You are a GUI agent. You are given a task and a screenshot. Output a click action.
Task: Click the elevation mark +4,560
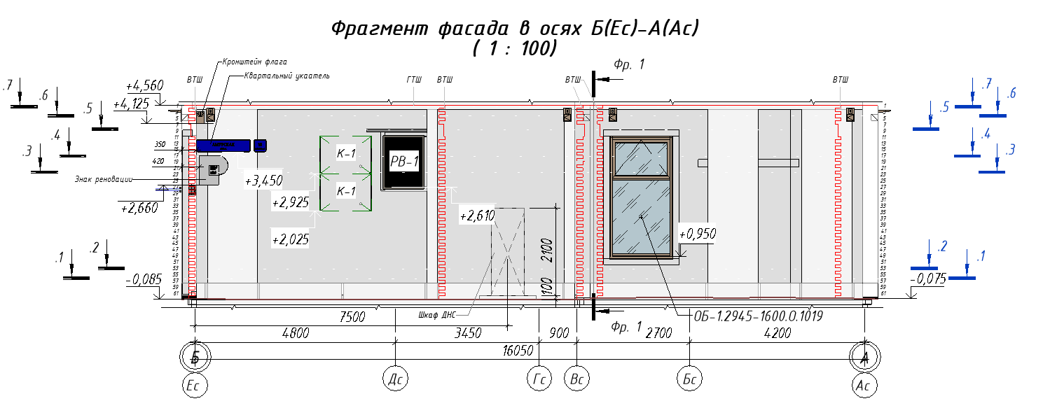(144, 85)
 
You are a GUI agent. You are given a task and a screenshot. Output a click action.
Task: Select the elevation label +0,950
(697, 234)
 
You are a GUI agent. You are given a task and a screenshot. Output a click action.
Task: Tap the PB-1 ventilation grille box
(403, 162)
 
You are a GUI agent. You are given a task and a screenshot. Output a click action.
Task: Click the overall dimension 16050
(519, 350)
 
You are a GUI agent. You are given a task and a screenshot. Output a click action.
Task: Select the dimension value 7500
(352, 317)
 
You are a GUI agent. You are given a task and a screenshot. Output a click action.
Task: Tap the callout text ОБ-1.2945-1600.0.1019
(757, 316)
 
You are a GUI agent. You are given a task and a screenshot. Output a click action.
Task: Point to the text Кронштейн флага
(255, 62)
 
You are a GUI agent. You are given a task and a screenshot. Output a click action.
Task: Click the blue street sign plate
(224, 145)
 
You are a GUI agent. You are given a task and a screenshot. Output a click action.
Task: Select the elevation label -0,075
(929, 279)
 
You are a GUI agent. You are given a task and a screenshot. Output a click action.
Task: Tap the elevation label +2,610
(477, 216)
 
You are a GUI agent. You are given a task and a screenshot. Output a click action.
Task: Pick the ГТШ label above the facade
(414, 80)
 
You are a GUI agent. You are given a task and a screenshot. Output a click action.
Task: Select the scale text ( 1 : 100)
(515, 49)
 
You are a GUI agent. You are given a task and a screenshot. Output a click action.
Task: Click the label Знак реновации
(103, 178)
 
